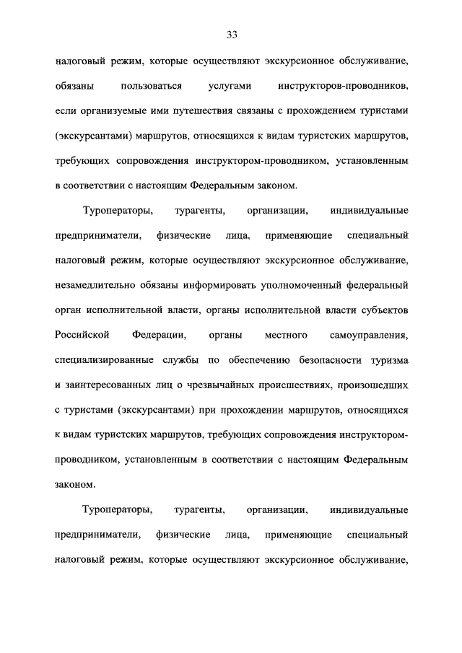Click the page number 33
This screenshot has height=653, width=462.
(x=231, y=35)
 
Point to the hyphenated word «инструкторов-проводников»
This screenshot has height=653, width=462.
(x=343, y=87)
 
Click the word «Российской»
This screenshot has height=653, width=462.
(x=82, y=335)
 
